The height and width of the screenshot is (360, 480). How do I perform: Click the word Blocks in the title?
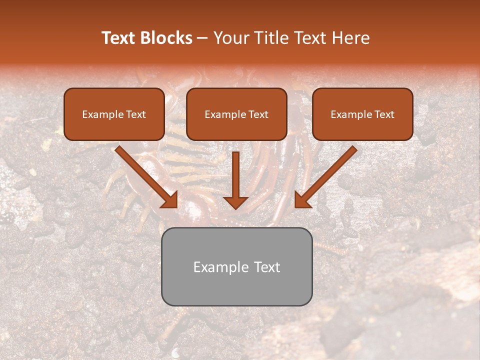pyautogui.click(x=166, y=38)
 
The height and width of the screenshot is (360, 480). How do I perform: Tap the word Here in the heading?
pyautogui.click(x=349, y=38)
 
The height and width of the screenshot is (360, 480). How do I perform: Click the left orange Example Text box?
pyautogui.click(x=114, y=114)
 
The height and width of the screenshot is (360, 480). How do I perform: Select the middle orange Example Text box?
pyautogui.click(x=236, y=114)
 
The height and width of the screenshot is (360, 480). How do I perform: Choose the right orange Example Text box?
pyautogui.click(x=362, y=114)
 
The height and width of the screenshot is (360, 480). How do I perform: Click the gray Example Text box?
pyautogui.click(x=236, y=266)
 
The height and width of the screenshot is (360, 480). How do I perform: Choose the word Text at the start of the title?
pyautogui.click(x=119, y=38)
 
